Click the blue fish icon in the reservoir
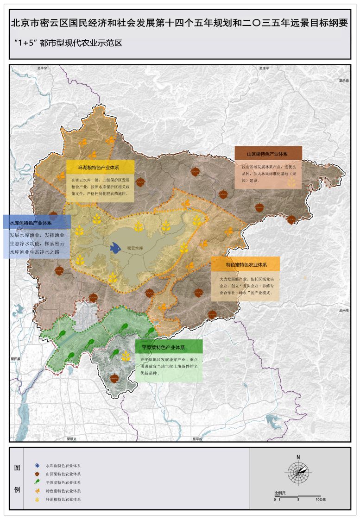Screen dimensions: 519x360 point(115,248)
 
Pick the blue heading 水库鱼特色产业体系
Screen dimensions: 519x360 point(31,222)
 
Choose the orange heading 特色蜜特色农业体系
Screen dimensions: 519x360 point(246,264)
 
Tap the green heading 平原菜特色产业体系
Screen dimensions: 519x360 point(163,347)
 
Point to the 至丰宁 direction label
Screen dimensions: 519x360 point(43,68)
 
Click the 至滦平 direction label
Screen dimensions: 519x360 point(264,68)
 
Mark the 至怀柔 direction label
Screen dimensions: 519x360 point(16,358)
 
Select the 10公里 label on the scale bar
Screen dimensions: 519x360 point(321,500)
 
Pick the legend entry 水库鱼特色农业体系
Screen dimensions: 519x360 point(63,465)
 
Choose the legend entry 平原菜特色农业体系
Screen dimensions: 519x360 point(63,482)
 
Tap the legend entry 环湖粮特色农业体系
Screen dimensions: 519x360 point(63,500)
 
